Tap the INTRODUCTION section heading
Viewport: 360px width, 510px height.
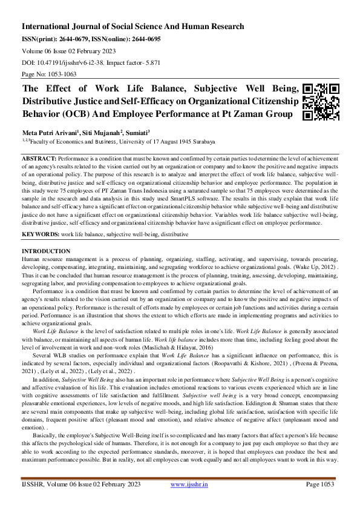point(46,251)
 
